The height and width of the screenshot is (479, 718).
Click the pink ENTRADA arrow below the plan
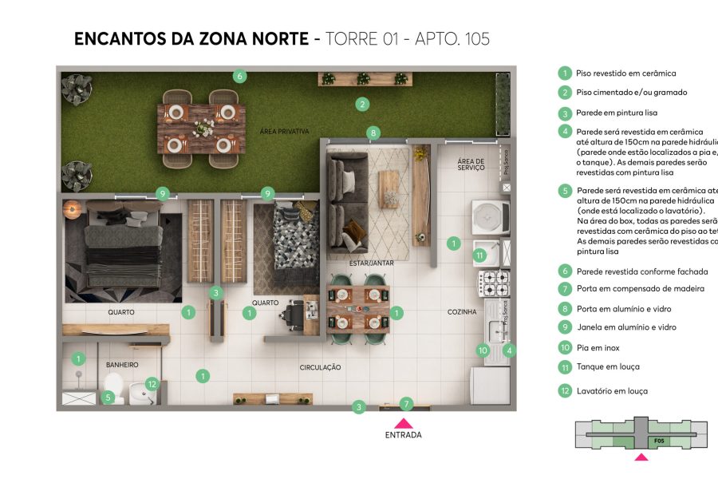coord(404,424)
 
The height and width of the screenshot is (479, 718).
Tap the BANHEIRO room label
coord(122,365)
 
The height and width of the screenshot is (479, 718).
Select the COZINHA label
coord(462,312)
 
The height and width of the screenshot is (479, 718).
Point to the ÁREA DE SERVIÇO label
coord(471,164)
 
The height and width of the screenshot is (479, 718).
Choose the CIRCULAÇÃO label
coord(321,367)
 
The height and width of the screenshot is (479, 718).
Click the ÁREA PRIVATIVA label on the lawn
coord(284,131)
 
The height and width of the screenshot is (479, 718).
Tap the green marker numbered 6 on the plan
coord(239,77)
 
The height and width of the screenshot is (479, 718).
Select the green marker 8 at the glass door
coord(373,133)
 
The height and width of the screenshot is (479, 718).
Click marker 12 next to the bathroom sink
coord(152,383)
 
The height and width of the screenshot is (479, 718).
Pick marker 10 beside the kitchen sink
coord(483,350)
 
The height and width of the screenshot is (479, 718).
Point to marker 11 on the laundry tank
coord(479,255)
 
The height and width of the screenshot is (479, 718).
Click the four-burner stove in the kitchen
coord(492,282)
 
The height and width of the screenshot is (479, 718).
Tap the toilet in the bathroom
coord(114,391)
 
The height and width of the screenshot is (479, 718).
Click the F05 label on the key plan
coord(659,441)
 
